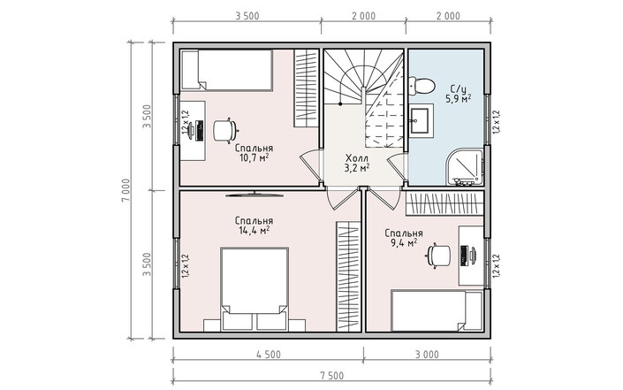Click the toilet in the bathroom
422,87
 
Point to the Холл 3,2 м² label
357,163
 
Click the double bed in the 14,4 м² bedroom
255,289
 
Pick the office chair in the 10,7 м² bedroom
224,130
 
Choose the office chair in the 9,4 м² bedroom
439,256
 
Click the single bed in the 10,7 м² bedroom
226,71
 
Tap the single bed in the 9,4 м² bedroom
437,310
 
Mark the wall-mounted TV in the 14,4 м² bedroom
255,195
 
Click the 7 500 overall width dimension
331,375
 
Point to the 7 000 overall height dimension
125,190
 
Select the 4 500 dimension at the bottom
269,355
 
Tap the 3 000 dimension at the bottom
427,355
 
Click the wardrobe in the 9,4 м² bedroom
444,203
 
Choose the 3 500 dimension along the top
247,16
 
